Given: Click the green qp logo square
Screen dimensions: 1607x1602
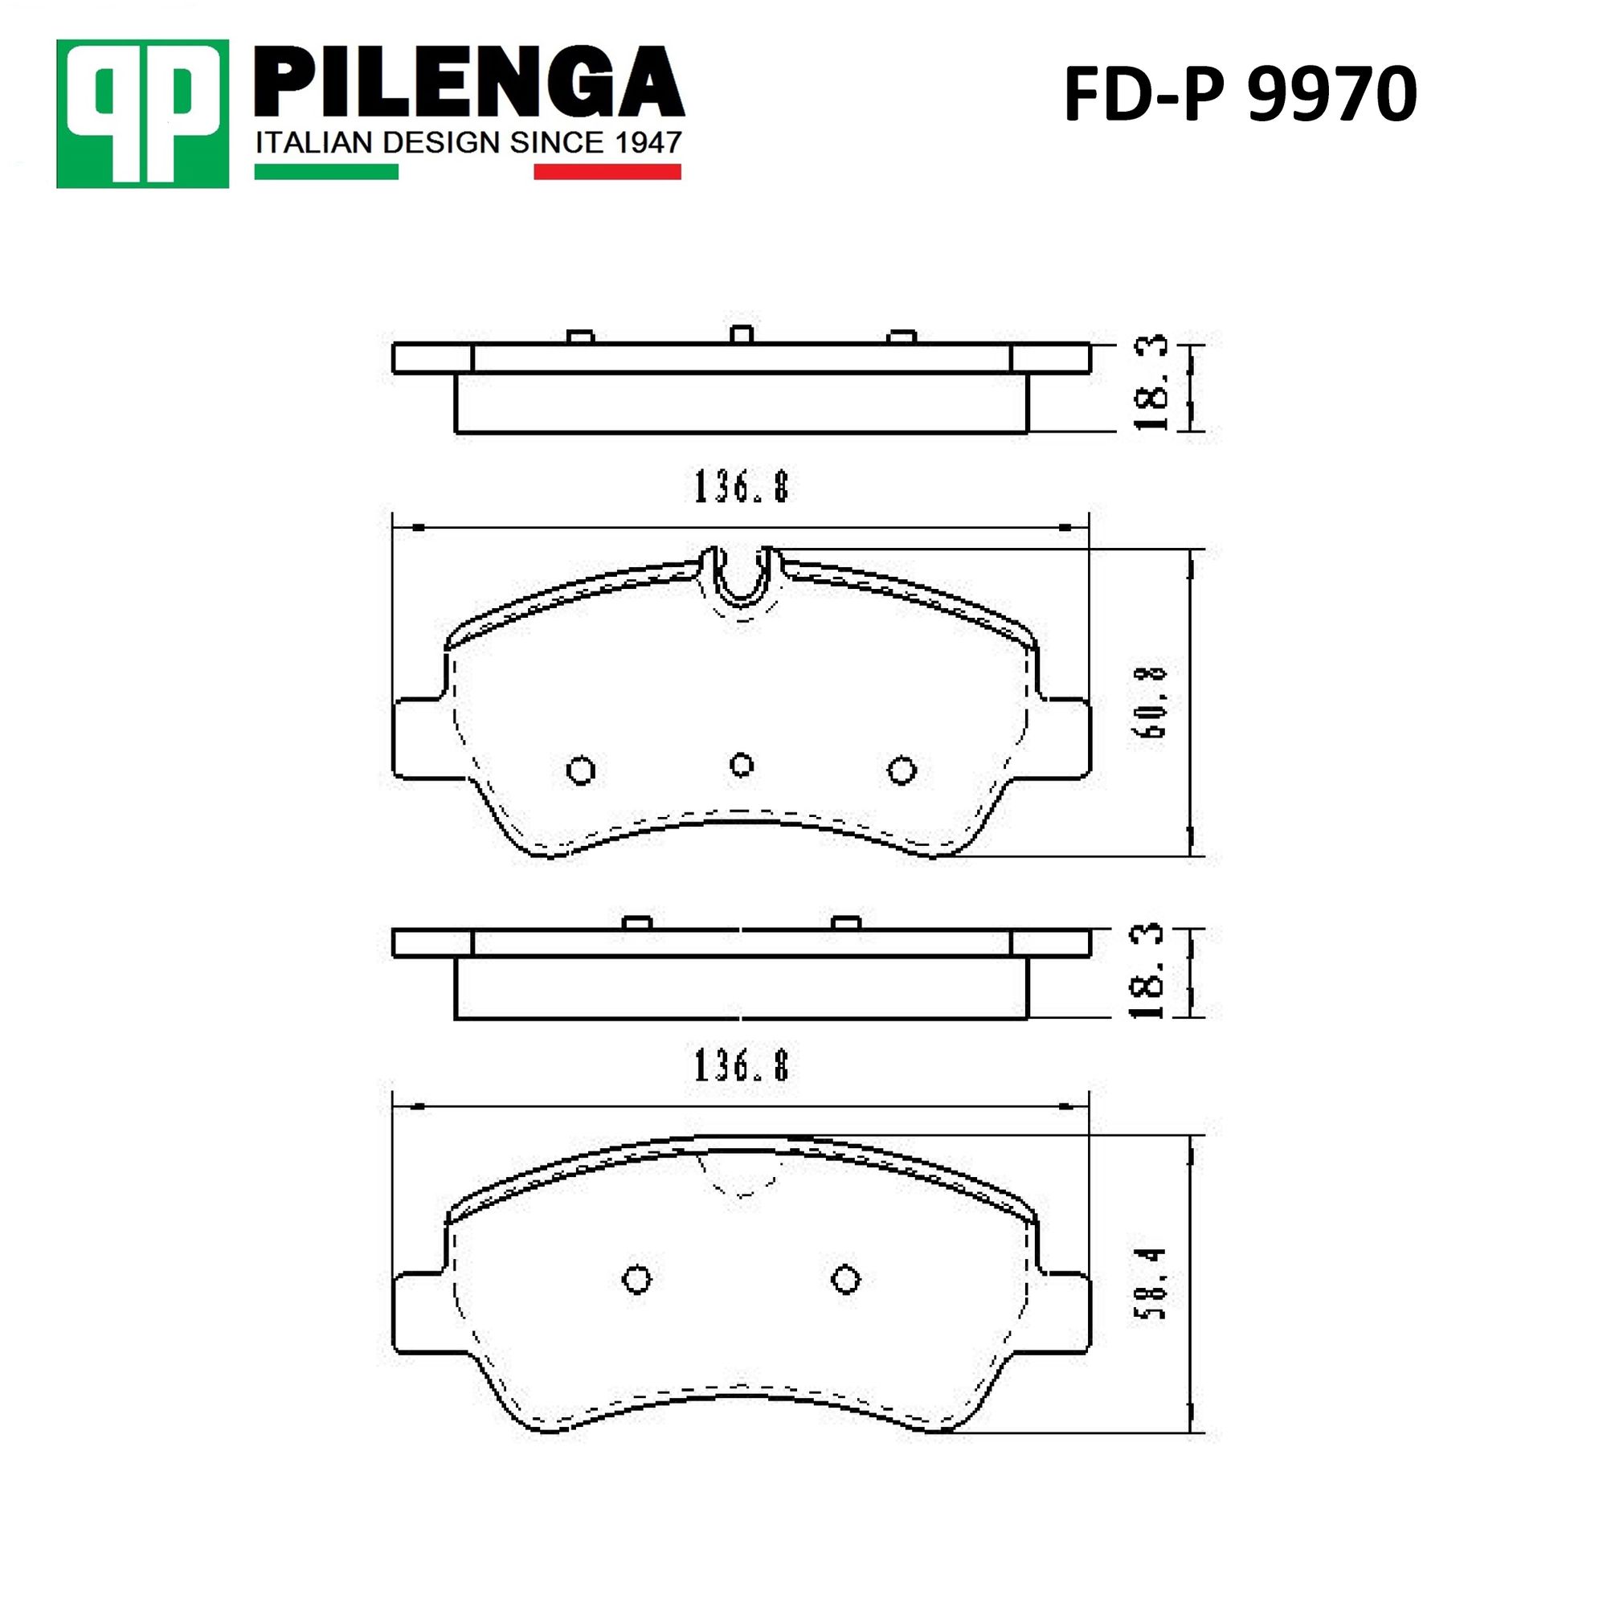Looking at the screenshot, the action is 142,114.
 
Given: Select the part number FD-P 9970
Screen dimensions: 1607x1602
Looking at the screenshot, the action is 1240,94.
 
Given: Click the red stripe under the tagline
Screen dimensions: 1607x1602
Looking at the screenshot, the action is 607,171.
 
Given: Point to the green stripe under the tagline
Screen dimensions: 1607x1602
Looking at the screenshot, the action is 326,171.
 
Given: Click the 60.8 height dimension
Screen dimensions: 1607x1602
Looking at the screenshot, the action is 1153,703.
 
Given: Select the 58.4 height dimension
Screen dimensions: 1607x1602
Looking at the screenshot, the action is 1153,1283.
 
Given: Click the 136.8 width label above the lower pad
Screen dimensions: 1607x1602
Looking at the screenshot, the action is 741,1065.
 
